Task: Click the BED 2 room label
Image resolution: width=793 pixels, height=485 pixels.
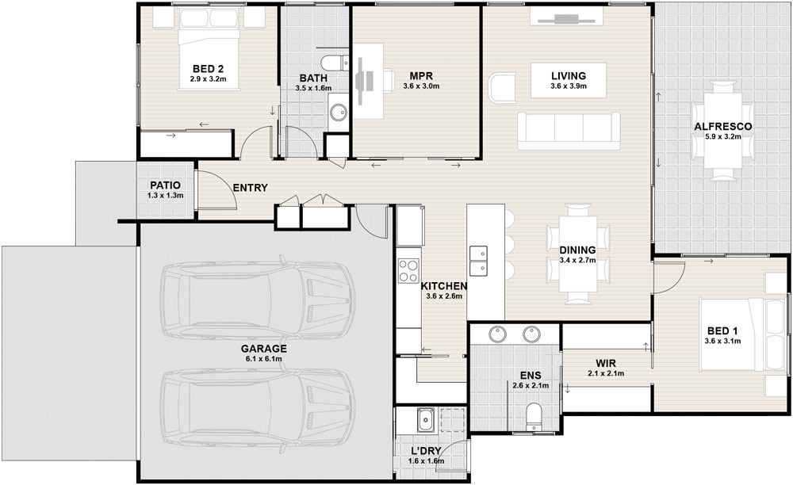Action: (x=208, y=69)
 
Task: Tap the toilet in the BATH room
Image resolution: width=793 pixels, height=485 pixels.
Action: (x=335, y=62)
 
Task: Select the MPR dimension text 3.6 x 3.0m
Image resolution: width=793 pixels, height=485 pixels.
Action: (x=421, y=86)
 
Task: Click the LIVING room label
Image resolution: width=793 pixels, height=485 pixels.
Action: (x=569, y=76)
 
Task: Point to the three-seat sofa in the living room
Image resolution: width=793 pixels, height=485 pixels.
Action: (x=569, y=131)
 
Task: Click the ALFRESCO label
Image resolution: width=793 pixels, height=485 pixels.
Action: (x=722, y=126)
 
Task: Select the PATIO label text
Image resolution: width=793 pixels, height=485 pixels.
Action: (x=165, y=185)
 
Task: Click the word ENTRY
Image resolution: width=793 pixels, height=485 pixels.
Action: (x=250, y=188)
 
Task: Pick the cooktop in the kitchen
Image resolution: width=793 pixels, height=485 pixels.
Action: (x=408, y=270)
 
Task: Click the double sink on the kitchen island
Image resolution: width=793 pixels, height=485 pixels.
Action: (x=478, y=261)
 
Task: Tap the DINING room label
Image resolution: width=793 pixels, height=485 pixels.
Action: (x=577, y=250)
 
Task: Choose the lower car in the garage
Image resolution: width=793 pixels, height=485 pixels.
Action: (x=258, y=413)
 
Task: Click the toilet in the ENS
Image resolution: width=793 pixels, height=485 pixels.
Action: (x=533, y=418)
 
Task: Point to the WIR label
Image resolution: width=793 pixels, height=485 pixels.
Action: (x=605, y=363)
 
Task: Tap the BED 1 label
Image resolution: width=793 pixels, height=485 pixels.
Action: (x=722, y=331)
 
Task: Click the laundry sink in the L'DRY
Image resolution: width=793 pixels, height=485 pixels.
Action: (x=425, y=420)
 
